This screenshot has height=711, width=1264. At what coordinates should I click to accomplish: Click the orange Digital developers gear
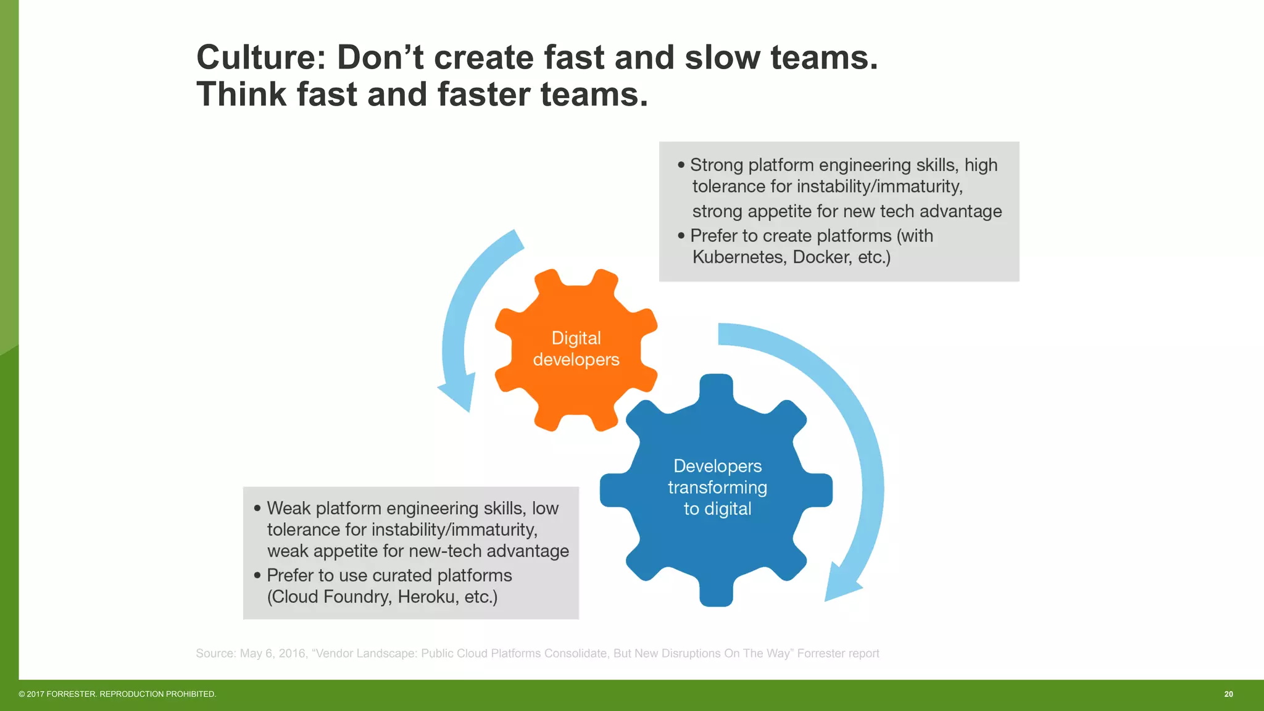point(576,349)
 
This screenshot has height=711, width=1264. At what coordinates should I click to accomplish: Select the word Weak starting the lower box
point(288,509)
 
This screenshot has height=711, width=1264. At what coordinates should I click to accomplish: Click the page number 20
point(1228,694)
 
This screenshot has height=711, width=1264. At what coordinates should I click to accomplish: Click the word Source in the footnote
point(215,654)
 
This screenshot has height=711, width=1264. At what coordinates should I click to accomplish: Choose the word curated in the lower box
point(402,576)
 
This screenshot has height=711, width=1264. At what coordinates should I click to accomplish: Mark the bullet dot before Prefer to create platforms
point(681,236)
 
